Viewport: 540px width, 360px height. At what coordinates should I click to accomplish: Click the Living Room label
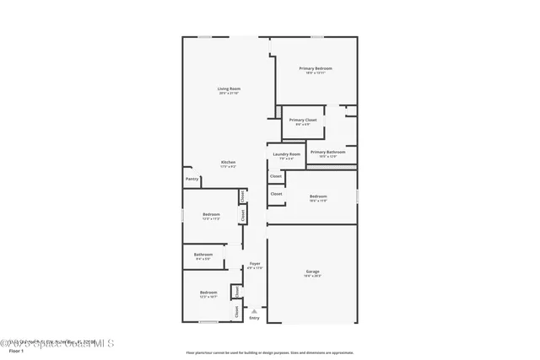click(229, 89)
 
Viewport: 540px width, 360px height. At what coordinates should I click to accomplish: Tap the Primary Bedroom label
click(315, 68)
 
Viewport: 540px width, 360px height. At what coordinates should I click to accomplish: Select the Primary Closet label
click(303, 120)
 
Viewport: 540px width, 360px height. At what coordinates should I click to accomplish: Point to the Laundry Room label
click(287, 154)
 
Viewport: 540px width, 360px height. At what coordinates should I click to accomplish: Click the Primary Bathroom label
click(328, 152)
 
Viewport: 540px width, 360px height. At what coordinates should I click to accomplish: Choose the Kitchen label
click(229, 162)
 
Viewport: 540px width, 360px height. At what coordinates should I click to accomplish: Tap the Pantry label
click(192, 179)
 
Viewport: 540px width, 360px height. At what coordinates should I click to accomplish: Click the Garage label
click(312, 271)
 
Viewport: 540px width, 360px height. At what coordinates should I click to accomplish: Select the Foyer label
click(254, 264)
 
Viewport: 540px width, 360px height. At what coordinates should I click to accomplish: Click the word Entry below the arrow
click(254, 318)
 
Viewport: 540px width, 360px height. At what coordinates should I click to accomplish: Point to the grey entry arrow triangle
click(254, 310)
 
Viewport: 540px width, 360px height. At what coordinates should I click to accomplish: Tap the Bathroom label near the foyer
click(203, 255)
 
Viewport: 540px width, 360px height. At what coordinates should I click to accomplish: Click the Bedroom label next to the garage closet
click(318, 196)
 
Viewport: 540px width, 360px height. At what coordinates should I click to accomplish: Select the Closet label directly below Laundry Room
click(276, 176)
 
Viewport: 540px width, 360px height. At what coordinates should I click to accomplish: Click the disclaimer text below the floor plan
click(270, 352)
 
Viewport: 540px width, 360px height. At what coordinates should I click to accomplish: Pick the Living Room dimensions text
click(229, 93)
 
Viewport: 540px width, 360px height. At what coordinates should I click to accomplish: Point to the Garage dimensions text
click(312, 276)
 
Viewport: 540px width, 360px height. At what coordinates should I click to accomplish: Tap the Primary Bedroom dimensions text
click(315, 73)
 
